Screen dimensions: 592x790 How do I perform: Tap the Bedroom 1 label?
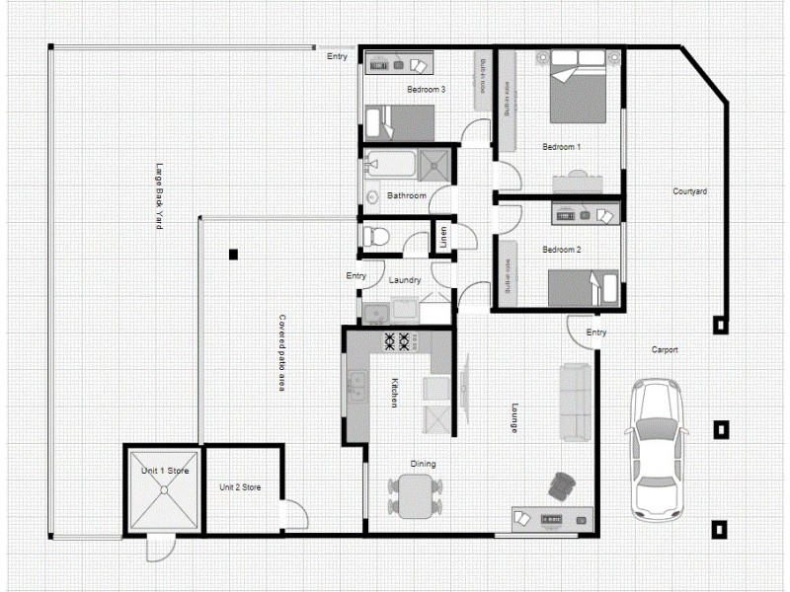pos(561,147)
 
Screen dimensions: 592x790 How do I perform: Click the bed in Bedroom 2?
pos(583,288)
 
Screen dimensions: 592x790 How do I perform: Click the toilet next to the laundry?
pos(376,237)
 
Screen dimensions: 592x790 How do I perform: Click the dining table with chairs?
pos(415,494)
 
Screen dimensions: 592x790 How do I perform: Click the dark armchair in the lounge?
pos(563,485)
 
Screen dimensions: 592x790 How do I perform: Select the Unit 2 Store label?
pos(240,487)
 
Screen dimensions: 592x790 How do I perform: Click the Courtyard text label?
pos(689,191)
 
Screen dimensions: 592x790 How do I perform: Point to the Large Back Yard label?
pos(159,196)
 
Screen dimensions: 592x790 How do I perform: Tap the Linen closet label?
pos(443,237)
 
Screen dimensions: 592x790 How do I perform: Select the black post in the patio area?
pos(233,255)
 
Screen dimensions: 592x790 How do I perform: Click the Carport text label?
pos(664,349)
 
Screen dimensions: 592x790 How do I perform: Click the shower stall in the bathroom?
pos(434,164)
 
